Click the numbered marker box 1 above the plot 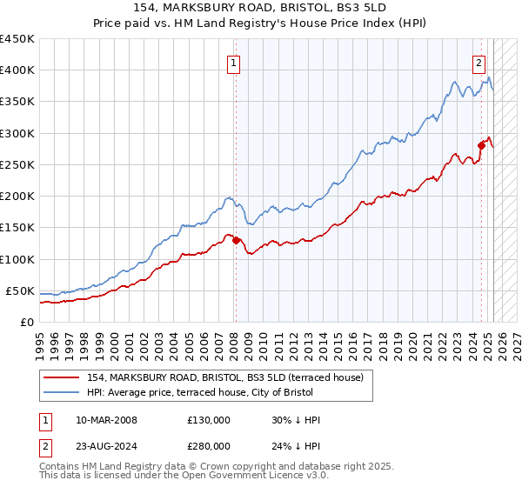pos(235,62)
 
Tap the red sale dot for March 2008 pos(236,240)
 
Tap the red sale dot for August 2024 pos(481,145)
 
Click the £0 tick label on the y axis pos(27,322)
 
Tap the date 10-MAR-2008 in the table pos(106,420)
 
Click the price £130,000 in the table pos(209,420)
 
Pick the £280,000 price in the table pos(209,448)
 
